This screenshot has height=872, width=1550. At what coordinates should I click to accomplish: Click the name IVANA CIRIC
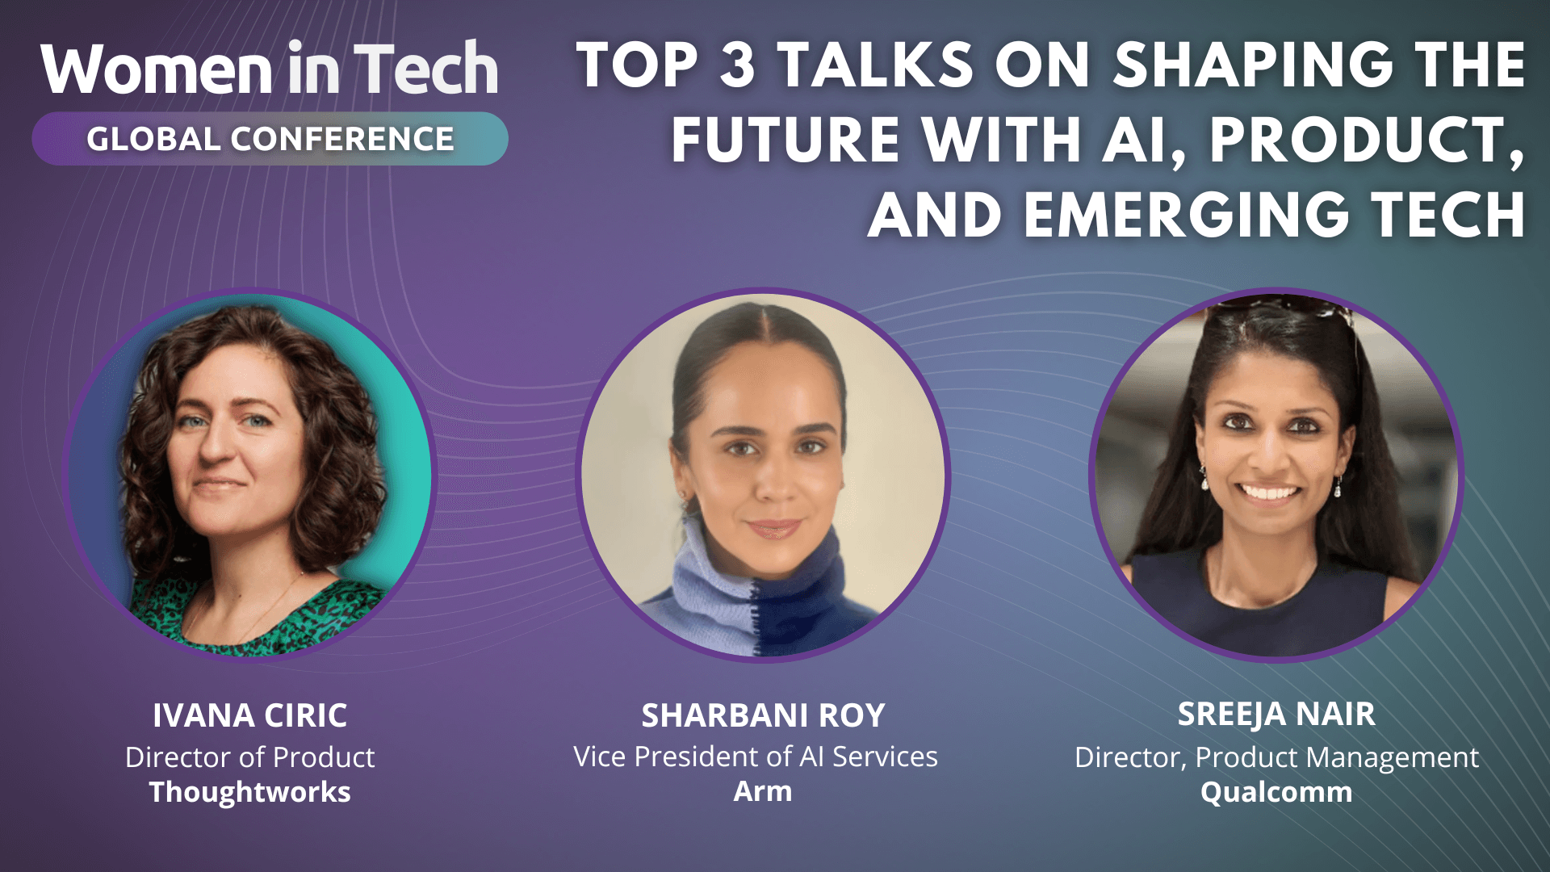click(249, 715)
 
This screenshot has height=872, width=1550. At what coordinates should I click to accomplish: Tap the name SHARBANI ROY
click(763, 715)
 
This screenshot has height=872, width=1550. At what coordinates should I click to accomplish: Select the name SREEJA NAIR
click(1276, 715)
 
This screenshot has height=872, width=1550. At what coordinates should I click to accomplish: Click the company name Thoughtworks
click(249, 792)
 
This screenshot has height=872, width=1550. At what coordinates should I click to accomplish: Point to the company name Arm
click(763, 791)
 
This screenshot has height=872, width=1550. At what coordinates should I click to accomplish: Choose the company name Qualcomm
click(1276, 792)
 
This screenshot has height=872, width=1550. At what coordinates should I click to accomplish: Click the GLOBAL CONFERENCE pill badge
click(270, 139)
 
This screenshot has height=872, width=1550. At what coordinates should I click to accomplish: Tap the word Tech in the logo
click(426, 69)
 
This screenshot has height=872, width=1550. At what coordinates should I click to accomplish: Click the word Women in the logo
click(157, 69)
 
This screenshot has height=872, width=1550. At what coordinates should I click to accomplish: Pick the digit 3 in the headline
click(737, 65)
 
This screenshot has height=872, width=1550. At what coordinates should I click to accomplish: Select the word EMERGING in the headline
click(1187, 216)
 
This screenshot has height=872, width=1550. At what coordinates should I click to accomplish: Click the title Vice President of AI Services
click(756, 757)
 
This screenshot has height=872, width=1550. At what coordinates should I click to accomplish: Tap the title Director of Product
click(249, 757)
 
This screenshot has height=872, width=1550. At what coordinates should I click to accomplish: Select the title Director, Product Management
click(1276, 757)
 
